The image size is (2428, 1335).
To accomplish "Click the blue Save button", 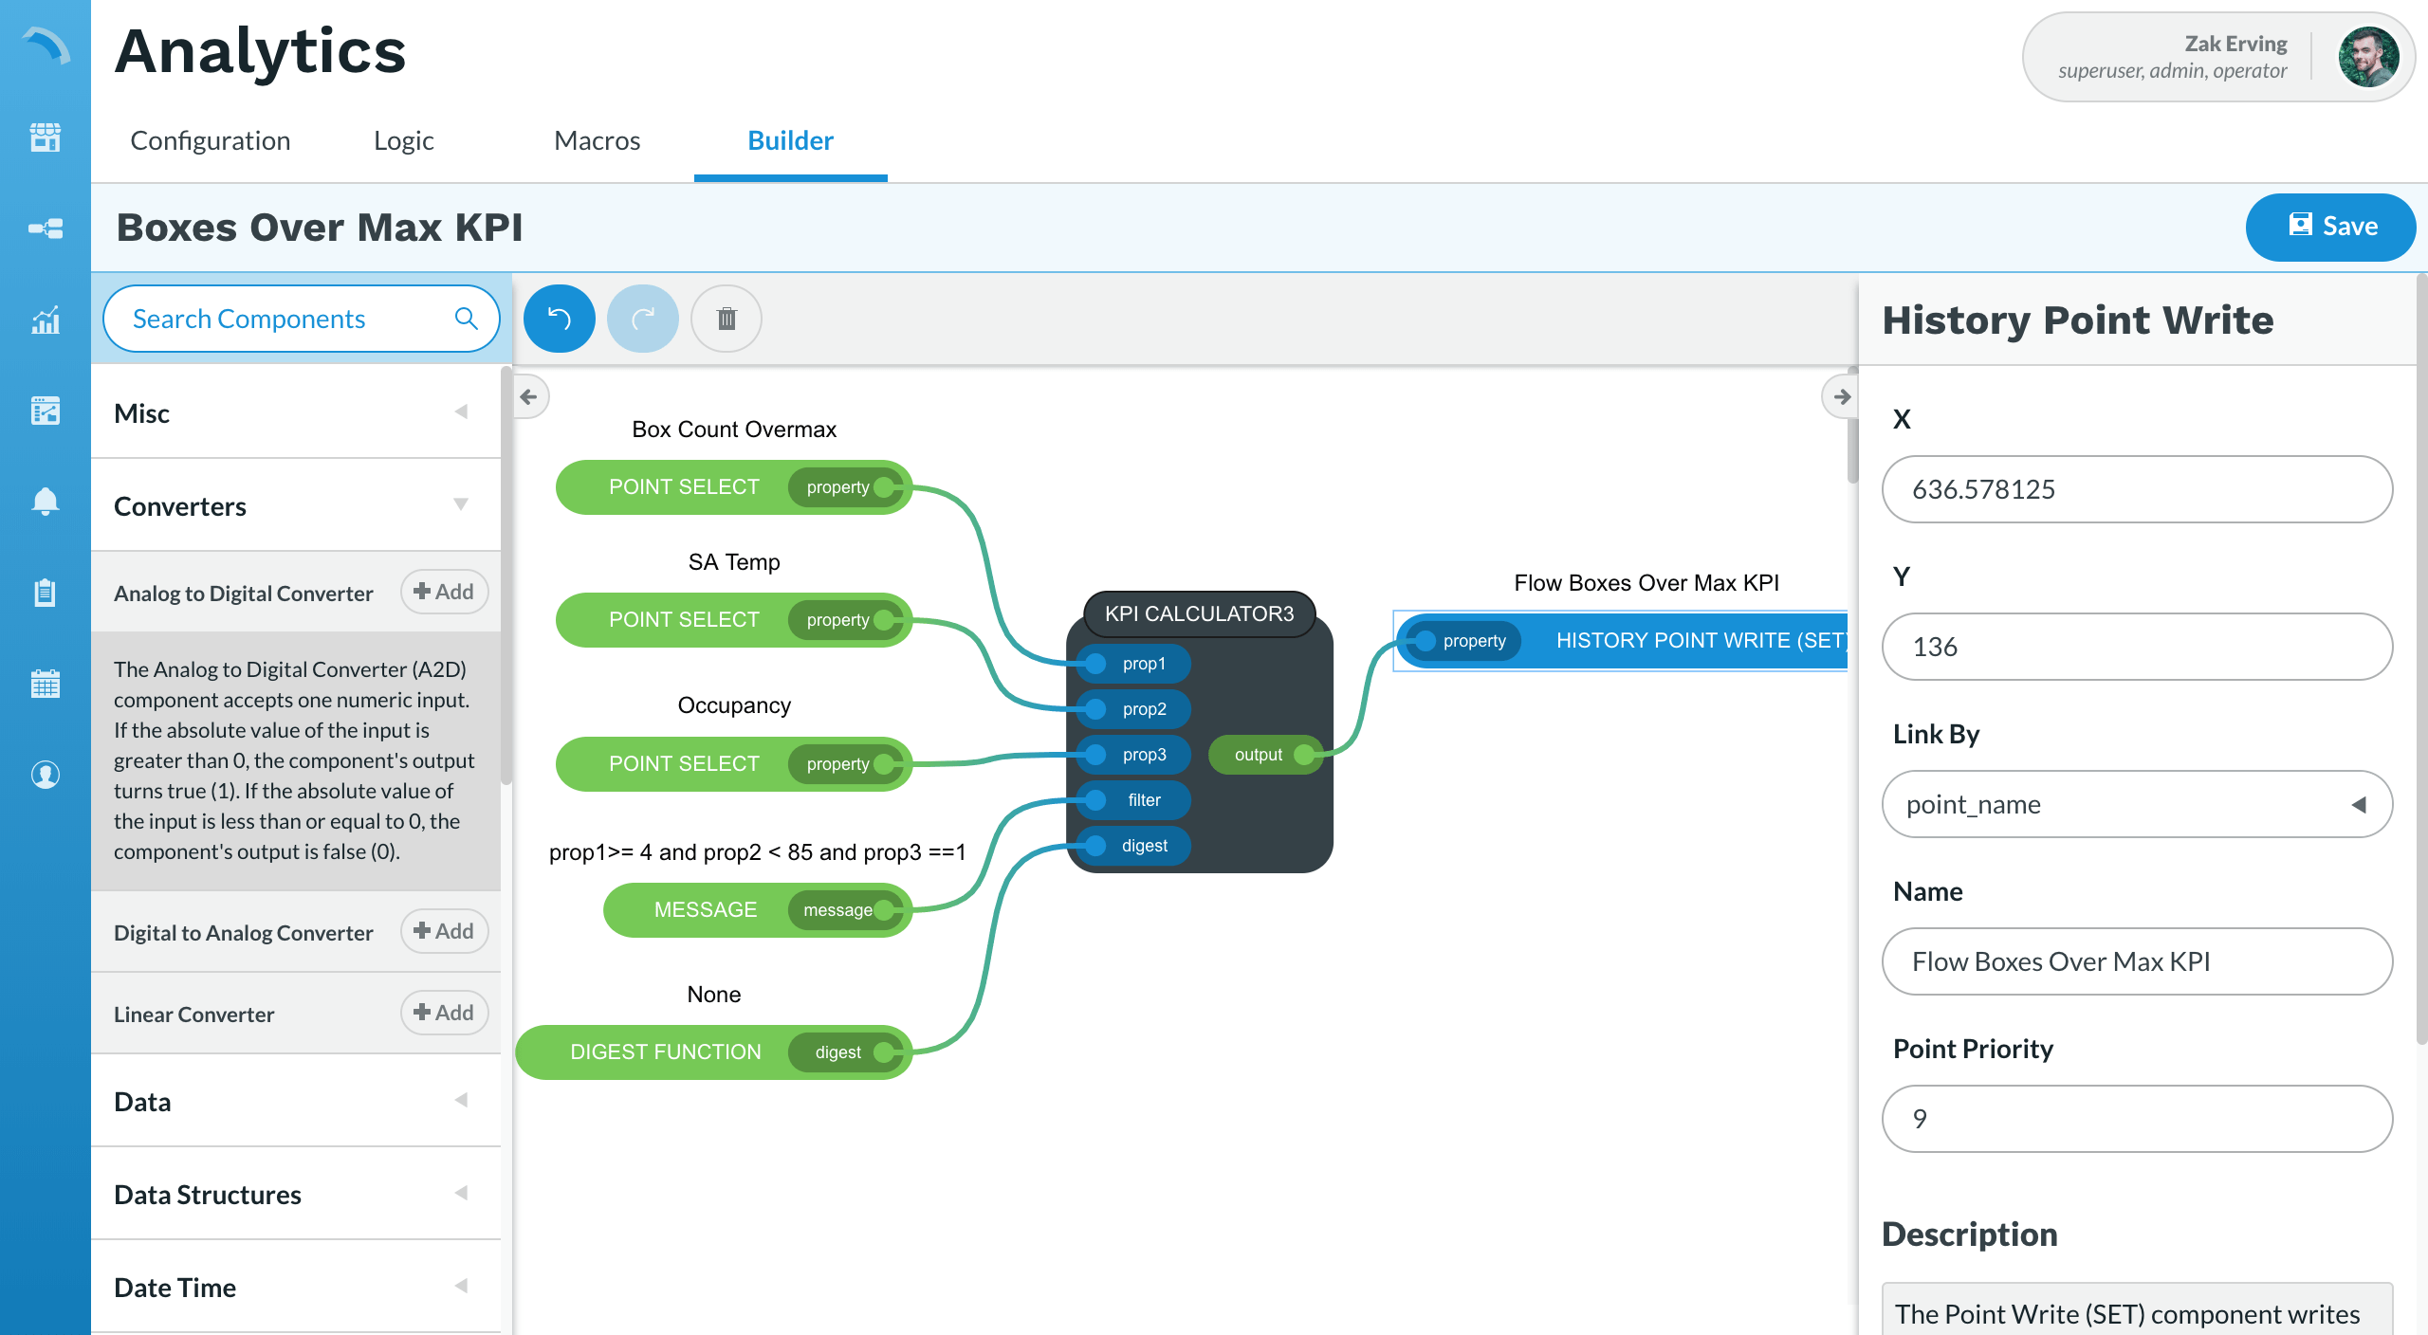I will click(2329, 227).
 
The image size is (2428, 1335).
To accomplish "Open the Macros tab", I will click(597, 140).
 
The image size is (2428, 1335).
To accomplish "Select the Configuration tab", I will click(210, 140).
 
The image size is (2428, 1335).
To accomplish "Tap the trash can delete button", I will click(727, 319).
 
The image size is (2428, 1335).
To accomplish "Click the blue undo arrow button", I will click(560, 319).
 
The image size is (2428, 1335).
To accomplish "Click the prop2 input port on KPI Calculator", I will click(1097, 709).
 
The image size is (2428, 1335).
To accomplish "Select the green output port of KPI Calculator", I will click(1304, 755).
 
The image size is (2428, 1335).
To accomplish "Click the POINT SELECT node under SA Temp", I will click(683, 620).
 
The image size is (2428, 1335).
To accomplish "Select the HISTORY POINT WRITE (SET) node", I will click(1698, 641).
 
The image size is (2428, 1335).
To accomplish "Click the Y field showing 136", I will click(2136, 647).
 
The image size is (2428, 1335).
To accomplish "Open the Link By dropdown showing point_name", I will click(2136, 804).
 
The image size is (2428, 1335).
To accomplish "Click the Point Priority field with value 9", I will click(2136, 1119).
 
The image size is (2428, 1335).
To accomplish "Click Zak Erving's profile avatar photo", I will click(2367, 57).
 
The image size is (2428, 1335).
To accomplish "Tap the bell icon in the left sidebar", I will click(45, 501).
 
